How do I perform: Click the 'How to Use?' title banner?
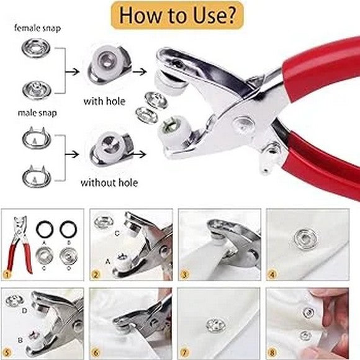pos(179,16)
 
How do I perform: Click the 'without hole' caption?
pos(109,182)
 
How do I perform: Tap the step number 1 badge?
pos(7,274)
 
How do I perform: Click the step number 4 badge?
pos(272,274)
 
